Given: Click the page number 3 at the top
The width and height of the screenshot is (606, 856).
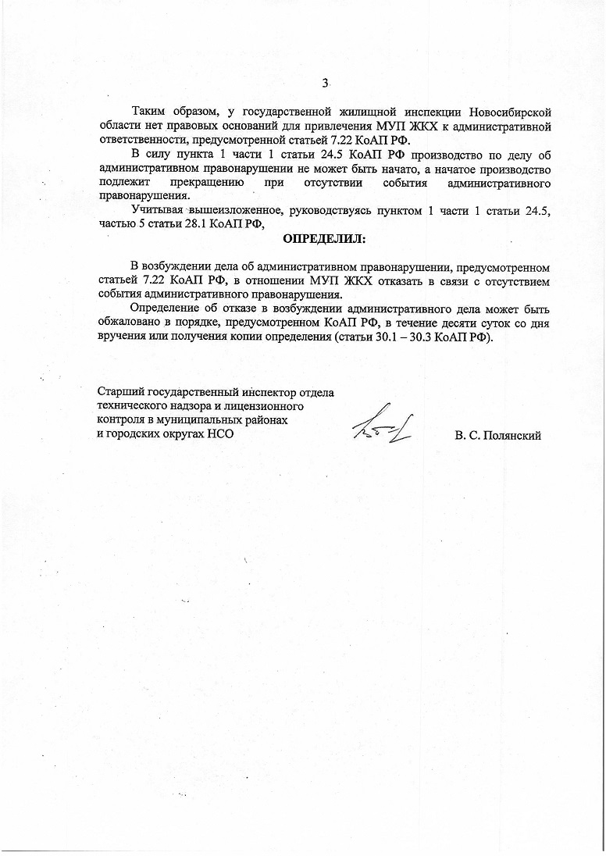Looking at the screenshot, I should (x=325, y=84).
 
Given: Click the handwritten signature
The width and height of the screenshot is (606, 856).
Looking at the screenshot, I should (x=383, y=425).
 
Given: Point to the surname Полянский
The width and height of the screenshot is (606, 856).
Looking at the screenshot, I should (x=513, y=435).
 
